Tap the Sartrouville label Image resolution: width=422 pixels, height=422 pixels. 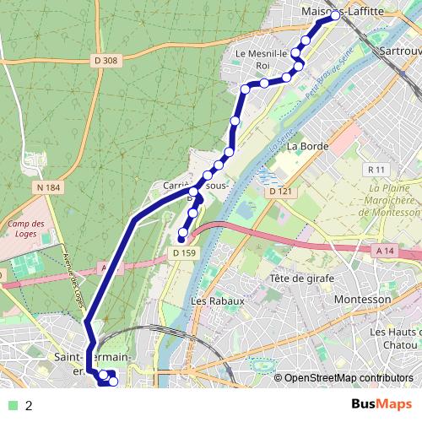399,51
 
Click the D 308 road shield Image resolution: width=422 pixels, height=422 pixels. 106,60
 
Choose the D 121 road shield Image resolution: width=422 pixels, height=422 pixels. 279,192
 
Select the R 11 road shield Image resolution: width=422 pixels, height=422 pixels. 376,170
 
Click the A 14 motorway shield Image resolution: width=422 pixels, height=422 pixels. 386,251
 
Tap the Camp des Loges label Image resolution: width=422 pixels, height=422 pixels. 22,230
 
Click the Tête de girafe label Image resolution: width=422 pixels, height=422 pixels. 301,279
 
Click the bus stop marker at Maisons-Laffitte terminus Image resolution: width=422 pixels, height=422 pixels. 335,15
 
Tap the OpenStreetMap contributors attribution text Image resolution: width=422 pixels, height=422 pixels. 348,378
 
